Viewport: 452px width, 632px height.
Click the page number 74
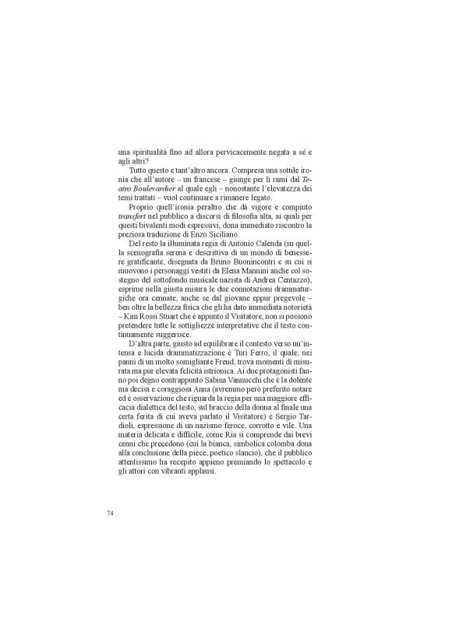click(x=110, y=513)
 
